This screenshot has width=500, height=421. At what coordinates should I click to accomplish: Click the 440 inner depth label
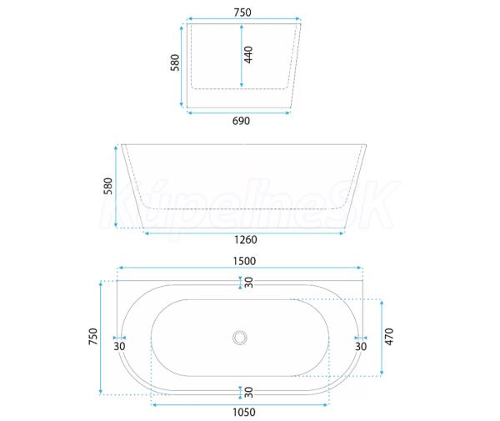point(248,54)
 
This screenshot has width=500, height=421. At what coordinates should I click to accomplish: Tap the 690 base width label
point(241,121)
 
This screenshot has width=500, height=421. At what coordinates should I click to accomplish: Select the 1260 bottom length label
point(246,239)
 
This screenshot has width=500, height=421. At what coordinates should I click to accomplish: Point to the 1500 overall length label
point(244,261)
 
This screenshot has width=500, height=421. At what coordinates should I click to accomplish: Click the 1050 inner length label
point(244,412)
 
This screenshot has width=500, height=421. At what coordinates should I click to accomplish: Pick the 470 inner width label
point(389,337)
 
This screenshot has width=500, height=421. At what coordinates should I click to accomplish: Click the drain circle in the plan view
point(240,338)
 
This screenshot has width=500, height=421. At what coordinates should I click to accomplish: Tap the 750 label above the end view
point(242,13)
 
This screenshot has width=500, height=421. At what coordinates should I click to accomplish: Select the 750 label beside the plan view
point(92,336)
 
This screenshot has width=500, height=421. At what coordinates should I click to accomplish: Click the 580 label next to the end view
point(175,63)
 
